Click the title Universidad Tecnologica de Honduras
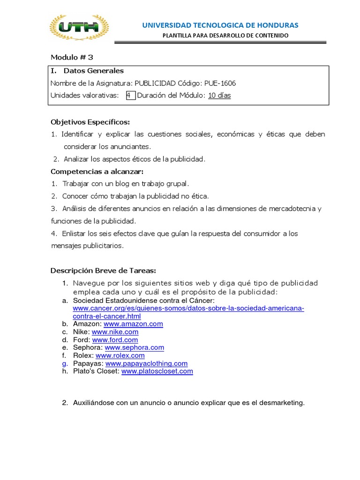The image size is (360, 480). (x=220, y=25)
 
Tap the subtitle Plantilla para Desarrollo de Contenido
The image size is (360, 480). (x=225, y=36)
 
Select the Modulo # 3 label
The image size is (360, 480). (x=72, y=57)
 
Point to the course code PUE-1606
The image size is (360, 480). (x=220, y=83)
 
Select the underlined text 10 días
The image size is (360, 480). (x=219, y=96)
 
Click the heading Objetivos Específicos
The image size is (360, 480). (x=90, y=122)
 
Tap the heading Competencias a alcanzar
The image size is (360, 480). (x=96, y=171)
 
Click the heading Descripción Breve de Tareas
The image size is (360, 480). (x=103, y=270)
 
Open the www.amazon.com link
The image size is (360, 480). (x=133, y=324)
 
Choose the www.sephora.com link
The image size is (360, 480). (x=134, y=347)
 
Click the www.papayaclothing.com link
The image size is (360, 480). (x=146, y=363)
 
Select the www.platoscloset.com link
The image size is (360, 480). (x=157, y=371)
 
